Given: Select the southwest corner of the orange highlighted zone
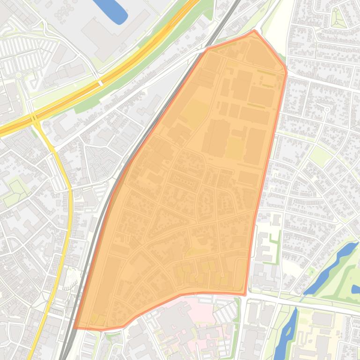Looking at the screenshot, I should click(x=75, y=327).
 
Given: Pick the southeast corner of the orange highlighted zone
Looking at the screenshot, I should click(x=245, y=295).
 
